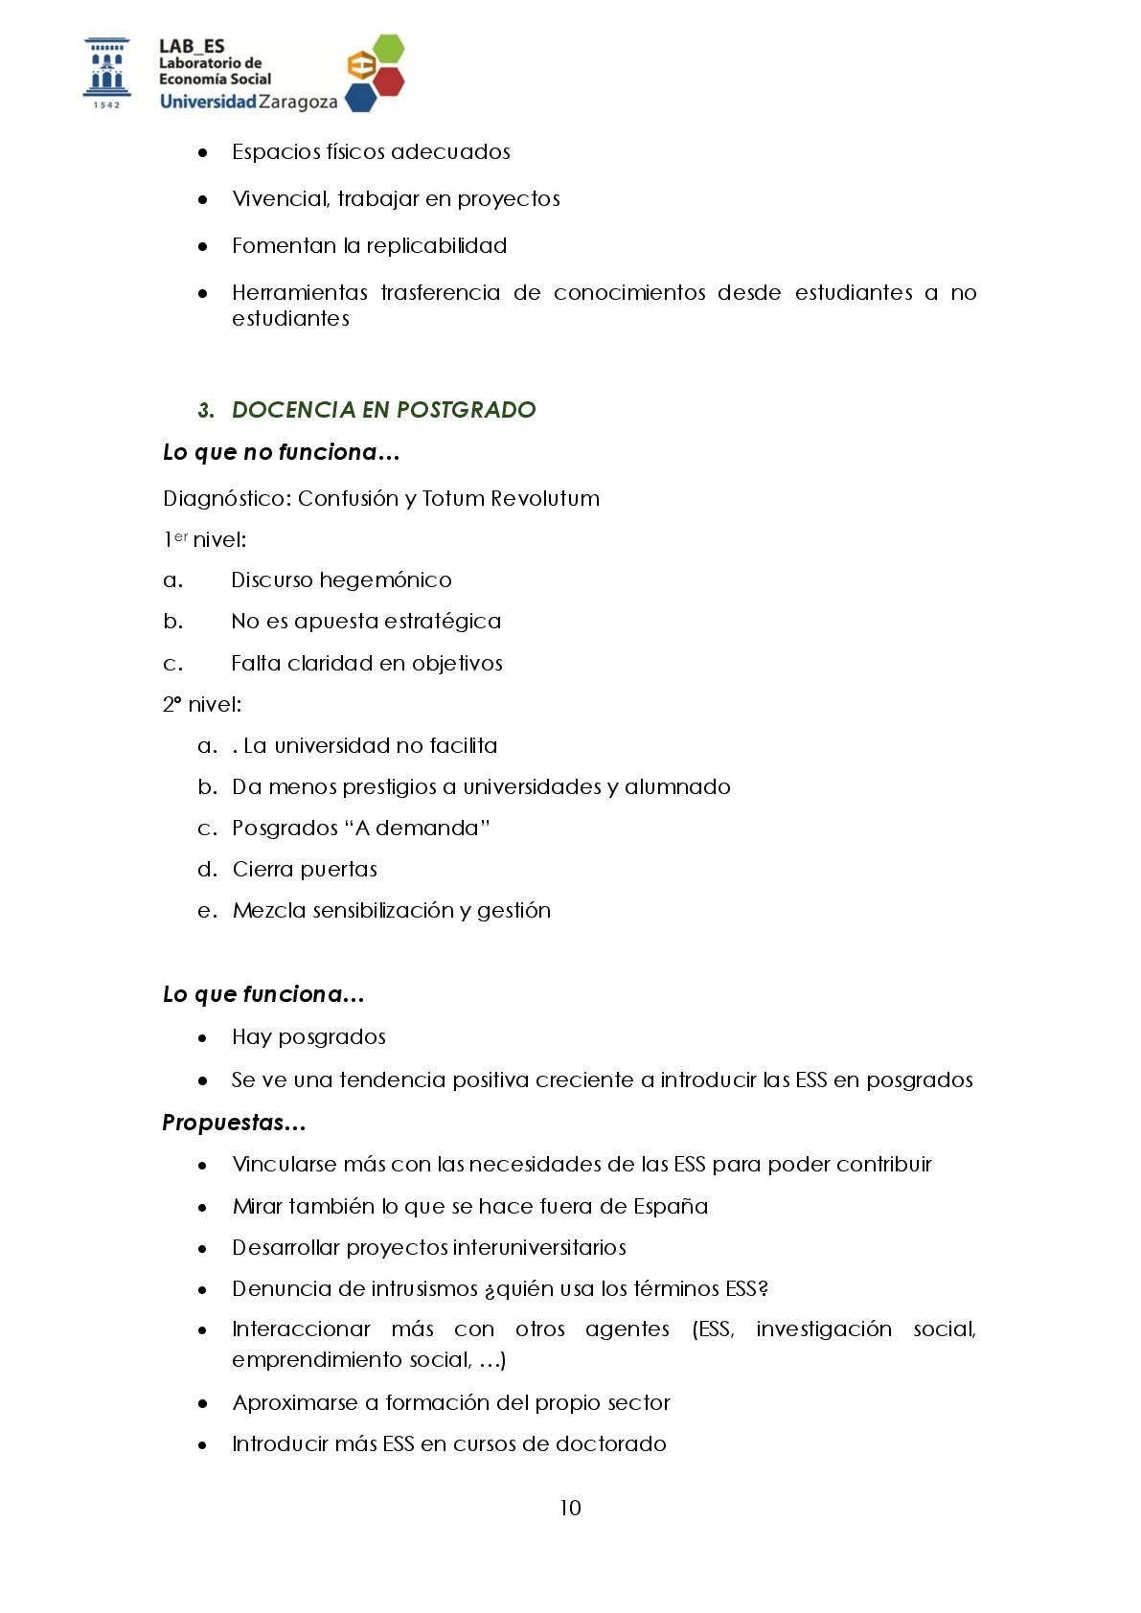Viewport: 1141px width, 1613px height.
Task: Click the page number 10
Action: tap(570, 1508)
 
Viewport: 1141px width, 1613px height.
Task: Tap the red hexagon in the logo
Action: tap(388, 80)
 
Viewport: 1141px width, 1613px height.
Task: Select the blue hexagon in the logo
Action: tap(360, 97)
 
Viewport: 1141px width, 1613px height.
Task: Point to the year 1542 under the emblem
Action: tap(106, 104)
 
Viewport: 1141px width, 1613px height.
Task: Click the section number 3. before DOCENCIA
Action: tap(206, 411)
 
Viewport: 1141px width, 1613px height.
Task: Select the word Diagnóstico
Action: tap(226, 499)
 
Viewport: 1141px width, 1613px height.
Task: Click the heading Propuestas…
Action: tap(234, 1123)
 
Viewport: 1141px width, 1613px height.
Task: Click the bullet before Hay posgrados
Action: tap(202, 1038)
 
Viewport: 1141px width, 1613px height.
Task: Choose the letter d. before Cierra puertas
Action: tap(208, 870)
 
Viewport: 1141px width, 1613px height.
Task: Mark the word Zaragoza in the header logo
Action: tap(298, 102)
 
